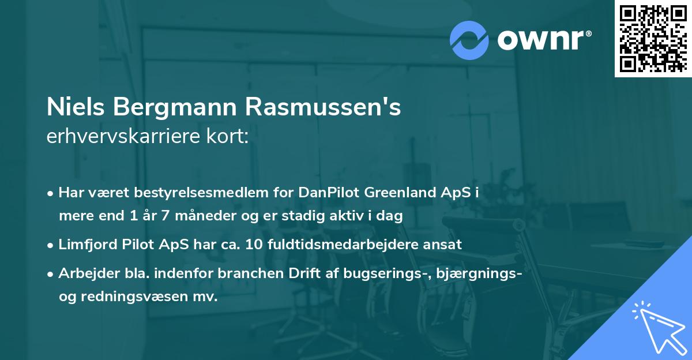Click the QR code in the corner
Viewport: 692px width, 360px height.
653,38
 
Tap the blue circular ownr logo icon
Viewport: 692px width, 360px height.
469,39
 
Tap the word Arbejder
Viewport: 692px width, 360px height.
82,273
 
